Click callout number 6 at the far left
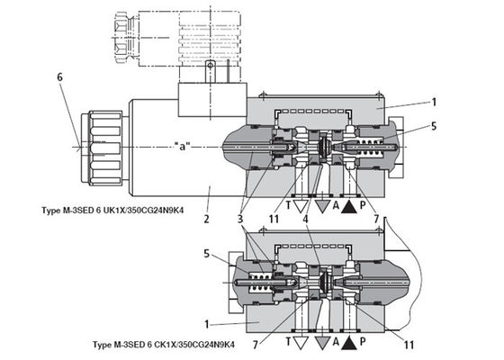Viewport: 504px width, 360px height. (x=60, y=77)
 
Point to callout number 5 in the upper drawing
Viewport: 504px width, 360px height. (x=434, y=127)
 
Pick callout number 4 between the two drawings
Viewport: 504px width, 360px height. (x=308, y=217)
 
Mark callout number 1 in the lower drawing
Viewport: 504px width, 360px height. (x=206, y=320)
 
